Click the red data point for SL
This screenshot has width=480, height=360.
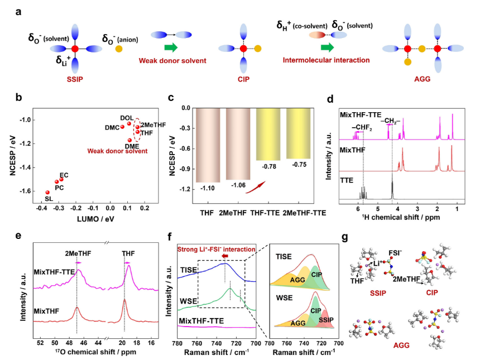pyautogui.click(x=47, y=192)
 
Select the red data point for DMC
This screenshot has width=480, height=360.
pyautogui.click(x=122, y=127)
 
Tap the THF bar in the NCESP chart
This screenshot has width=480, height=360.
pyautogui.click(x=208, y=145)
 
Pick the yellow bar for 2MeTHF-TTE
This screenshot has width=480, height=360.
pyautogui.click(x=299, y=133)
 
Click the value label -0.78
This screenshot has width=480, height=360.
pyautogui.click(x=269, y=166)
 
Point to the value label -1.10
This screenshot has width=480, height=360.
pyautogui.click(x=207, y=188)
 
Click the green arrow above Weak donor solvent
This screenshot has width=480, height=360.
pyautogui.click(x=171, y=47)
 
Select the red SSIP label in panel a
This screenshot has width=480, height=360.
pyautogui.click(x=75, y=79)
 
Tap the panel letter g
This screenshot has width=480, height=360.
pyautogui.click(x=345, y=237)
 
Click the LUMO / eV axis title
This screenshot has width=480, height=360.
pyautogui.click(x=95, y=219)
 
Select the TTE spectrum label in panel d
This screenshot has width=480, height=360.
pyautogui.click(x=347, y=180)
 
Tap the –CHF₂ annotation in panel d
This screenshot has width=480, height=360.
pyautogui.click(x=362, y=128)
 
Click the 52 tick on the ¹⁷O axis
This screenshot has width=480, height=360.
pyautogui.click(x=40, y=343)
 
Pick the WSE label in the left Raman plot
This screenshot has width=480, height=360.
pyautogui.click(x=188, y=301)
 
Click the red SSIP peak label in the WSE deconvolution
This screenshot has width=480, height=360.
pyautogui.click(x=326, y=320)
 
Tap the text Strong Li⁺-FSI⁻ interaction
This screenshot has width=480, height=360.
pyautogui.click(x=216, y=249)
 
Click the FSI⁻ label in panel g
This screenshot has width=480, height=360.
pyautogui.click(x=395, y=253)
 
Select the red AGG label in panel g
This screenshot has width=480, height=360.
pyautogui.click(x=401, y=345)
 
